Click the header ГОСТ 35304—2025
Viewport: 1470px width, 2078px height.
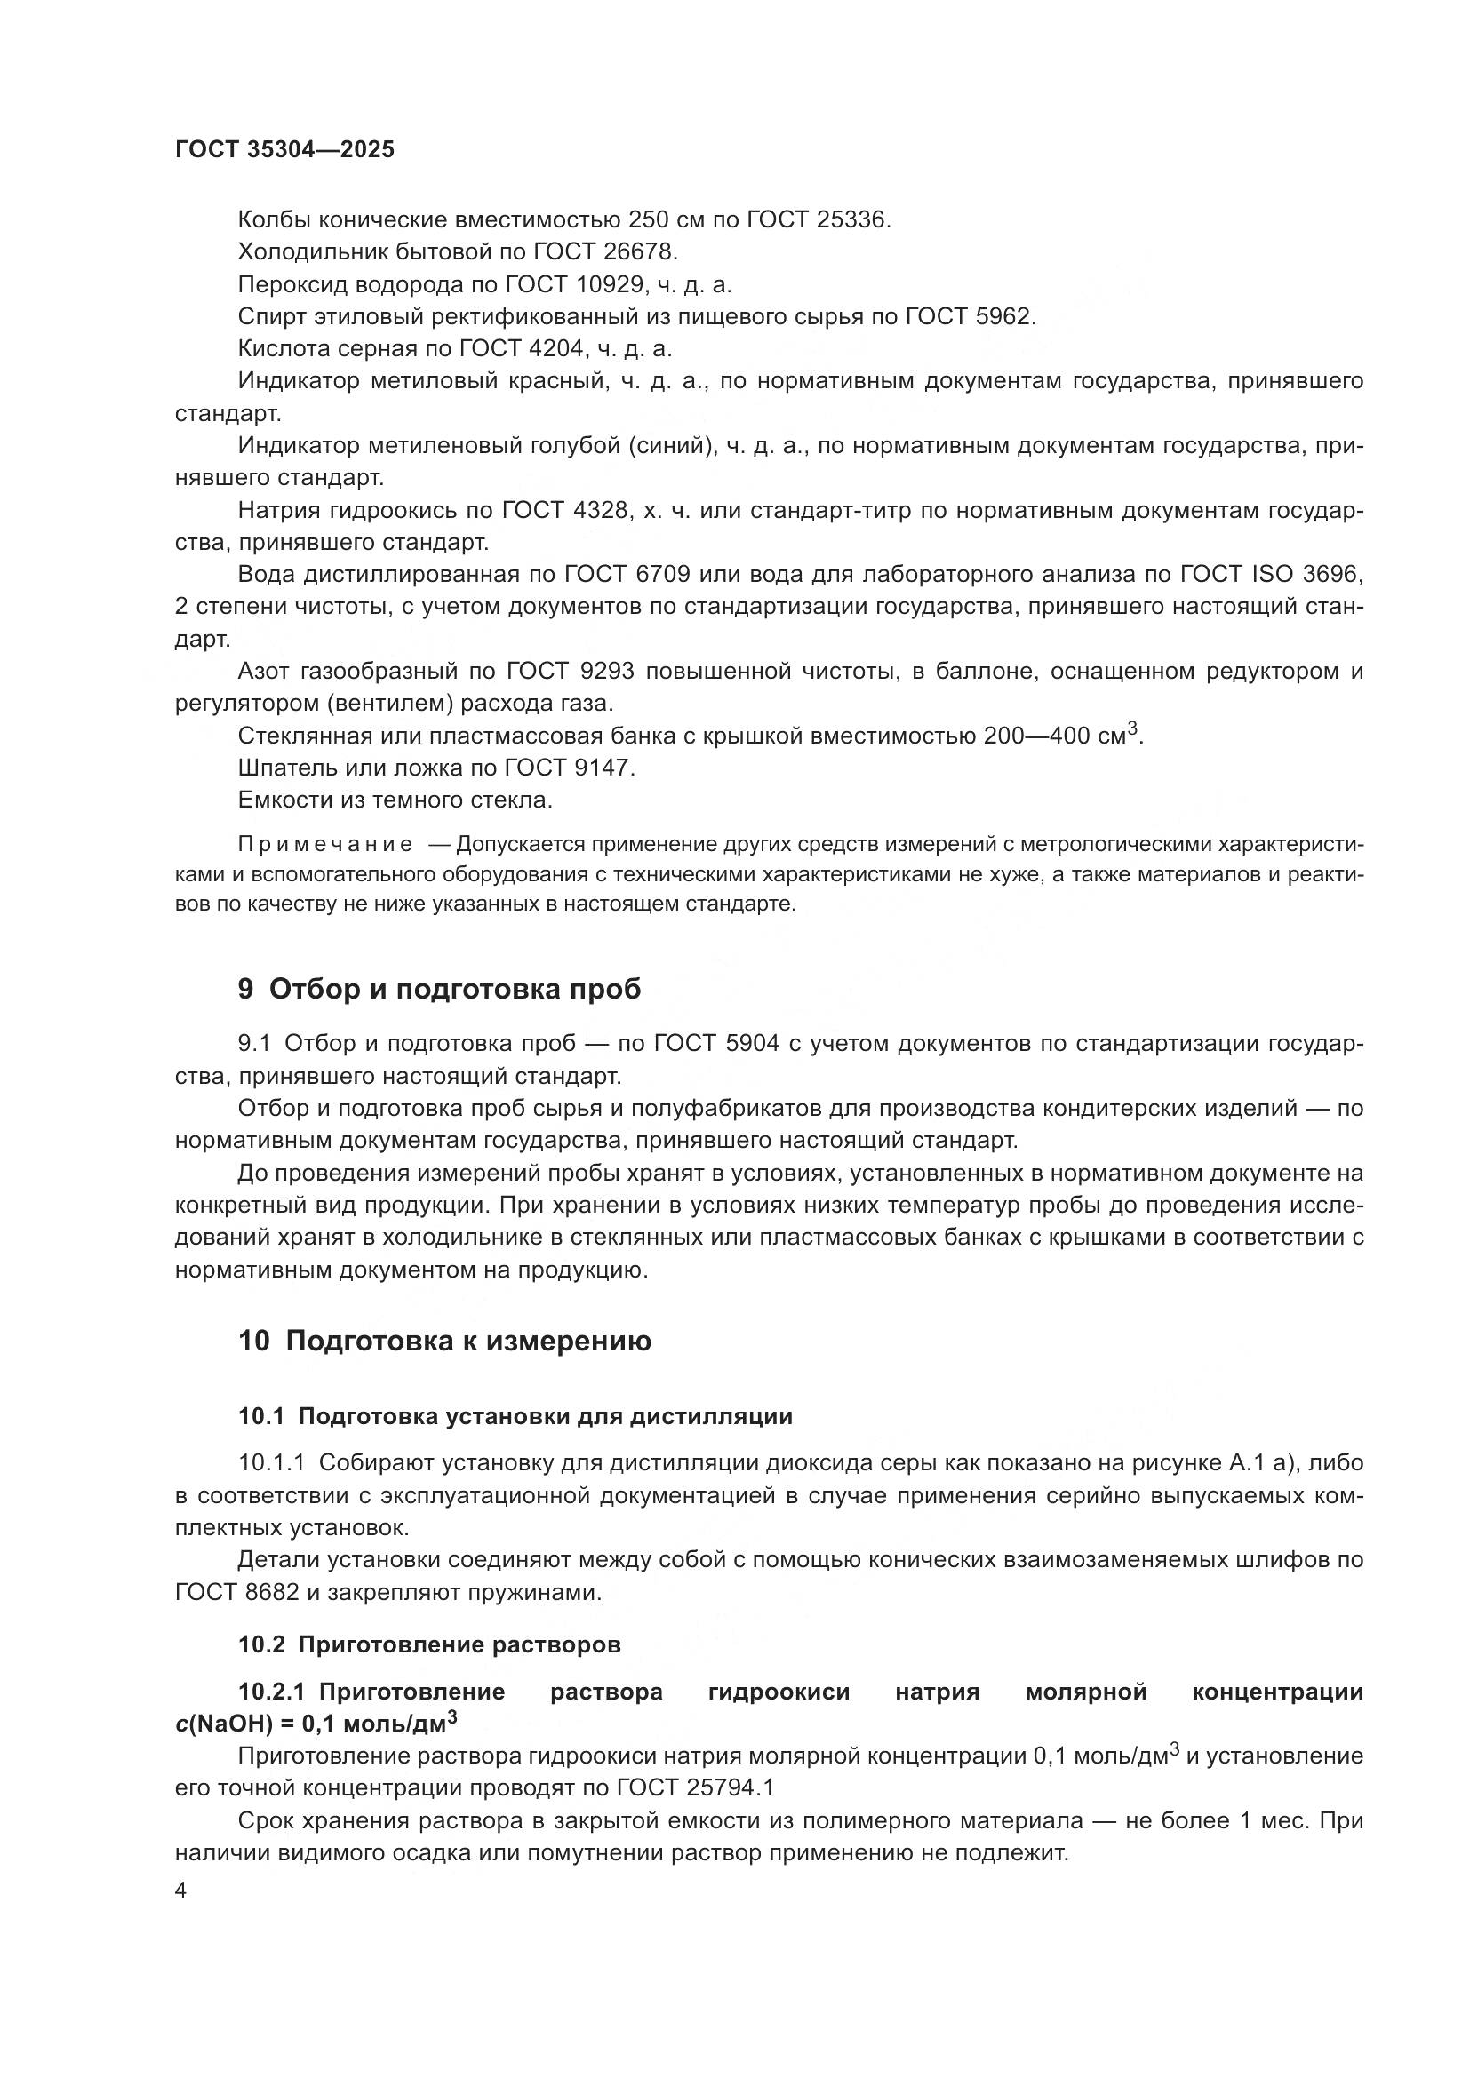284,149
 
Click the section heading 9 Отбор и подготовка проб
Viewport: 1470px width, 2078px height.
439,989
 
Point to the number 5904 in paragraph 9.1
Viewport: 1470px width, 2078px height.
752,1044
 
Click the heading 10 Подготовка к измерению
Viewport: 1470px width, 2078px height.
444,1341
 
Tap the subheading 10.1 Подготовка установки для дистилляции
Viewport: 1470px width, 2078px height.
515,1416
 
